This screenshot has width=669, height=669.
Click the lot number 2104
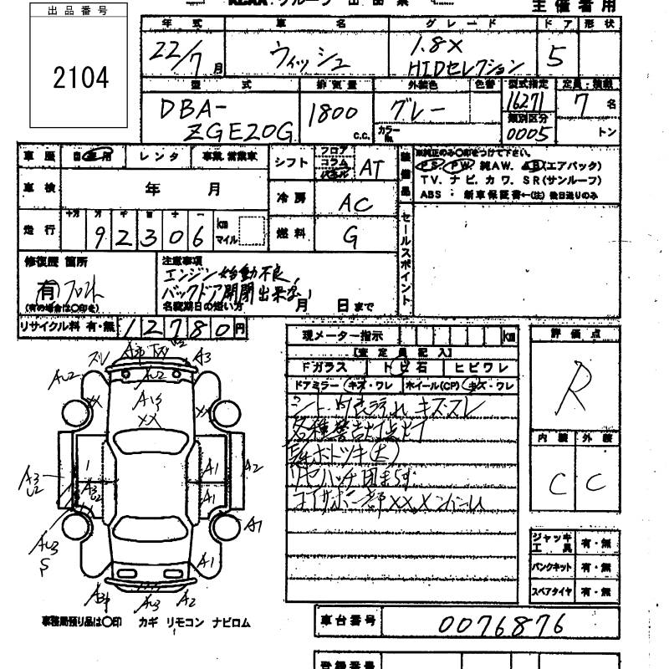pyautogui.click(x=80, y=78)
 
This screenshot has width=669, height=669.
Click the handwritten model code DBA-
pyautogui.click(x=186, y=109)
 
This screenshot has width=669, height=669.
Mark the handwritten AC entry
pyautogui.click(x=355, y=203)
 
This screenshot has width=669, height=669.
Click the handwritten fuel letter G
pyautogui.click(x=351, y=238)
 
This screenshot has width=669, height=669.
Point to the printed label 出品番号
pyautogui.click(x=79, y=12)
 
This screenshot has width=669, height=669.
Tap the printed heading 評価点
pyautogui.click(x=575, y=334)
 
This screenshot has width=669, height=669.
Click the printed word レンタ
pyautogui.click(x=159, y=156)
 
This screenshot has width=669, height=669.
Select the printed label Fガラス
pyautogui.click(x=320, y=368)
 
